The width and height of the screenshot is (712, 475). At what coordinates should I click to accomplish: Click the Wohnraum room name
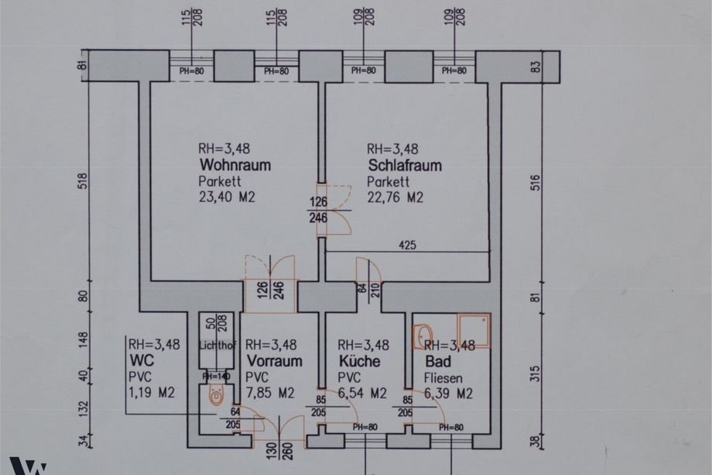click(235, 164)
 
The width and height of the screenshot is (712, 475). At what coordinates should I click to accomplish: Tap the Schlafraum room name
click(405, 165)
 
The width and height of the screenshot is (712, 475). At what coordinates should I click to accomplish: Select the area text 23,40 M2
click(227, 197)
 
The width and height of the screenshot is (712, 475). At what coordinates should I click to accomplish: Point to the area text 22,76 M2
click(395, 198)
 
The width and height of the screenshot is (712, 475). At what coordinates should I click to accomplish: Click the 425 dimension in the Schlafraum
click(407, 246)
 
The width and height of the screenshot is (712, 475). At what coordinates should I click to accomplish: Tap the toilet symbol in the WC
click(217, 394)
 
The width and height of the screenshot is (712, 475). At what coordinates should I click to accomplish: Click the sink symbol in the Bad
click(423, 336)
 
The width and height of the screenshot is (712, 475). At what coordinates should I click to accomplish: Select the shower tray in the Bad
click(474, 331)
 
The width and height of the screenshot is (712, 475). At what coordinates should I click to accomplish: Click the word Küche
click(360, 361)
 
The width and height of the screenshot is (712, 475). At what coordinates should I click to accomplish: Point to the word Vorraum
click(274, 361)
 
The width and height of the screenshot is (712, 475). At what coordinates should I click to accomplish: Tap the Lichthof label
click(217, 346)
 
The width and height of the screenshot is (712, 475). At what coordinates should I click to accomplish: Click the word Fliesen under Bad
click(443, 378)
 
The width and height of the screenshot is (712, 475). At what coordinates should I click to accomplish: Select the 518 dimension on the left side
click(84, 181)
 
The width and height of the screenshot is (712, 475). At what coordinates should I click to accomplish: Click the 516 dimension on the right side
click(536, 182)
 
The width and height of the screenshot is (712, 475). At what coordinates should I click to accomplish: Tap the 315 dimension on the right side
click(536, 373)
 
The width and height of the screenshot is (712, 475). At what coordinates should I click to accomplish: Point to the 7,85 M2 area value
click(270, 393)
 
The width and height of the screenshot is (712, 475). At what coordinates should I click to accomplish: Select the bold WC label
click(142, 360)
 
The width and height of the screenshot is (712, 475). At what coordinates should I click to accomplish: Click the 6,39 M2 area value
click(449, 394)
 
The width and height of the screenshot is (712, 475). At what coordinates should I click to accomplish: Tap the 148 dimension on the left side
click(84, 340)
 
